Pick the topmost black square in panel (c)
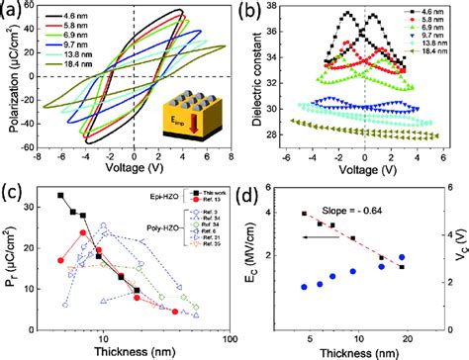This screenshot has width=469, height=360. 60,196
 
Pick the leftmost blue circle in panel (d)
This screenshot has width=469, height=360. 304,287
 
